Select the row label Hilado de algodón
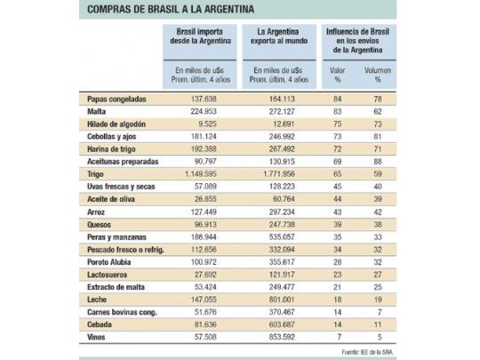pos(118,125)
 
